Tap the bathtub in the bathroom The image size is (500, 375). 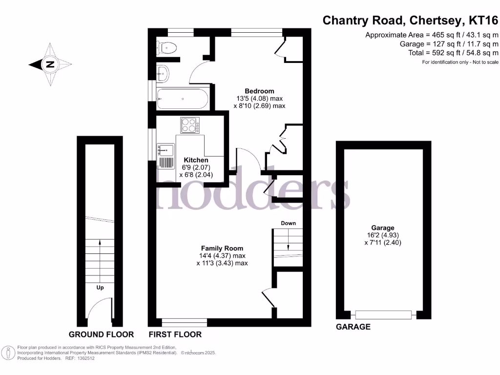coord(182,99)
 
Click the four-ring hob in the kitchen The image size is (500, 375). coord(190,125)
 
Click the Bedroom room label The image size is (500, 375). coord(259,91)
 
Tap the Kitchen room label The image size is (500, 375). coord(196,160)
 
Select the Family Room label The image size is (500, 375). coord(222,248)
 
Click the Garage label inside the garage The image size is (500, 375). coord(382,228)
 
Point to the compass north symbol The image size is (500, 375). coord(50,64)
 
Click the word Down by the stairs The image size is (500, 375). coord(288,223)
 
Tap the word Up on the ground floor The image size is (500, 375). coord(100,288)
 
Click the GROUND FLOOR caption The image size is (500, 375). coord(101,334)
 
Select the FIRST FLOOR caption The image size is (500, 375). coord(175,334)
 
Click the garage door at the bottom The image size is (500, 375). coord(383,315)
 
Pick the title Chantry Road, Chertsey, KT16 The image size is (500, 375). coord(411,21)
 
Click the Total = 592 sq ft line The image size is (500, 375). coord(453,53)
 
